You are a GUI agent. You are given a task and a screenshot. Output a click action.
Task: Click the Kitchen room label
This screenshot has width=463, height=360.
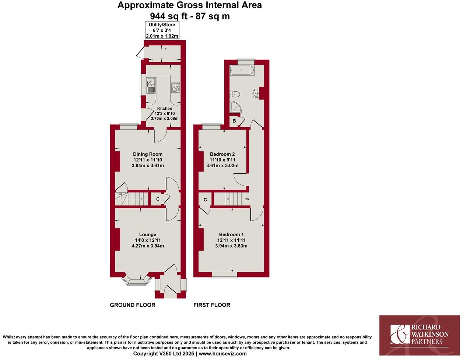[x=165, y=108]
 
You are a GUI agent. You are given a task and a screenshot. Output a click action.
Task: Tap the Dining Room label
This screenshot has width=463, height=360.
[x=148, y=154]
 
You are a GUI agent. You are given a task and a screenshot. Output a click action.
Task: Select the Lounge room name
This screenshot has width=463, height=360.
[x=147, y=234]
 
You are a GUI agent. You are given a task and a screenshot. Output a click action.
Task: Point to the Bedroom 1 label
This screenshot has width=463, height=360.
[x=231, y=234]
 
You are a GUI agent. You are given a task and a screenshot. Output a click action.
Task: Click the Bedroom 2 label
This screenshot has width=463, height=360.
[x=222, y=154]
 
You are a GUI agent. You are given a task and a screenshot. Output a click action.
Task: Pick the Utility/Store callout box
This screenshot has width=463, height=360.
[x=162, y=30]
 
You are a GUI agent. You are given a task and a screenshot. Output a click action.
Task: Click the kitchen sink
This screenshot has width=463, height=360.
[x=151, y=85]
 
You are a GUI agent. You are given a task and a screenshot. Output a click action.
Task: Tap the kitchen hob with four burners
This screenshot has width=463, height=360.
[x=175, y=87]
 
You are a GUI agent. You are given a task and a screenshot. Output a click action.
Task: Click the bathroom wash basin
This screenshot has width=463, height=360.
[x=256, y=94]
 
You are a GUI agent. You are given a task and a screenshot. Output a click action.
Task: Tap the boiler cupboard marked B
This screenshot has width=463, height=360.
[x=234, y=121]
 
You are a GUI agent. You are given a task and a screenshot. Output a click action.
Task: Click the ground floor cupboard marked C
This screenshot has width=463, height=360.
[x=158, y=199]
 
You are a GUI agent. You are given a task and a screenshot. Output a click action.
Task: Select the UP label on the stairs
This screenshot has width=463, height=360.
[x=120, y=195]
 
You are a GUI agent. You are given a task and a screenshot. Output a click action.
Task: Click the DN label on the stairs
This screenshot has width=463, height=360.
[x=247, y=199]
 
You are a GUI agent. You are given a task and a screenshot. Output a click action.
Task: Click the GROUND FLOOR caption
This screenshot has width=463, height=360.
[x=133, y=305]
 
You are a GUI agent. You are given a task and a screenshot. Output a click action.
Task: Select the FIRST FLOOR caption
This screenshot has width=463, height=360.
[x=212, y=305]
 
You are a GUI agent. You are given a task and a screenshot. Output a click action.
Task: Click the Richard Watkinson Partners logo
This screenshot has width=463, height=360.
[x=420, y=335]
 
